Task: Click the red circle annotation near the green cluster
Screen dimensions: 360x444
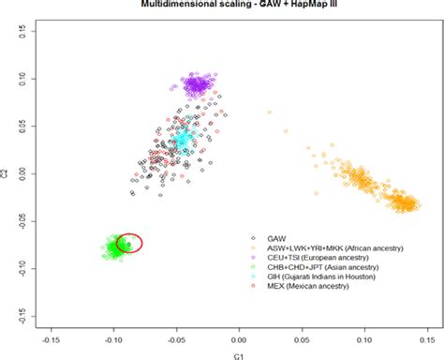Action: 129,243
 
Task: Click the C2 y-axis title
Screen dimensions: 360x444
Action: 7,173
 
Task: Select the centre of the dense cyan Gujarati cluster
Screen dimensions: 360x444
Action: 183,141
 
